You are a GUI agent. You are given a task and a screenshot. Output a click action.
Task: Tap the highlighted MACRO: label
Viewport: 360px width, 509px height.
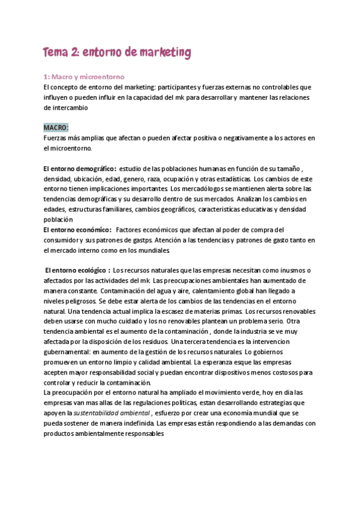[56, 128]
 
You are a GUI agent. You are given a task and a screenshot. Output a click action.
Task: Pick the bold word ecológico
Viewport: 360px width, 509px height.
[89, 270]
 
